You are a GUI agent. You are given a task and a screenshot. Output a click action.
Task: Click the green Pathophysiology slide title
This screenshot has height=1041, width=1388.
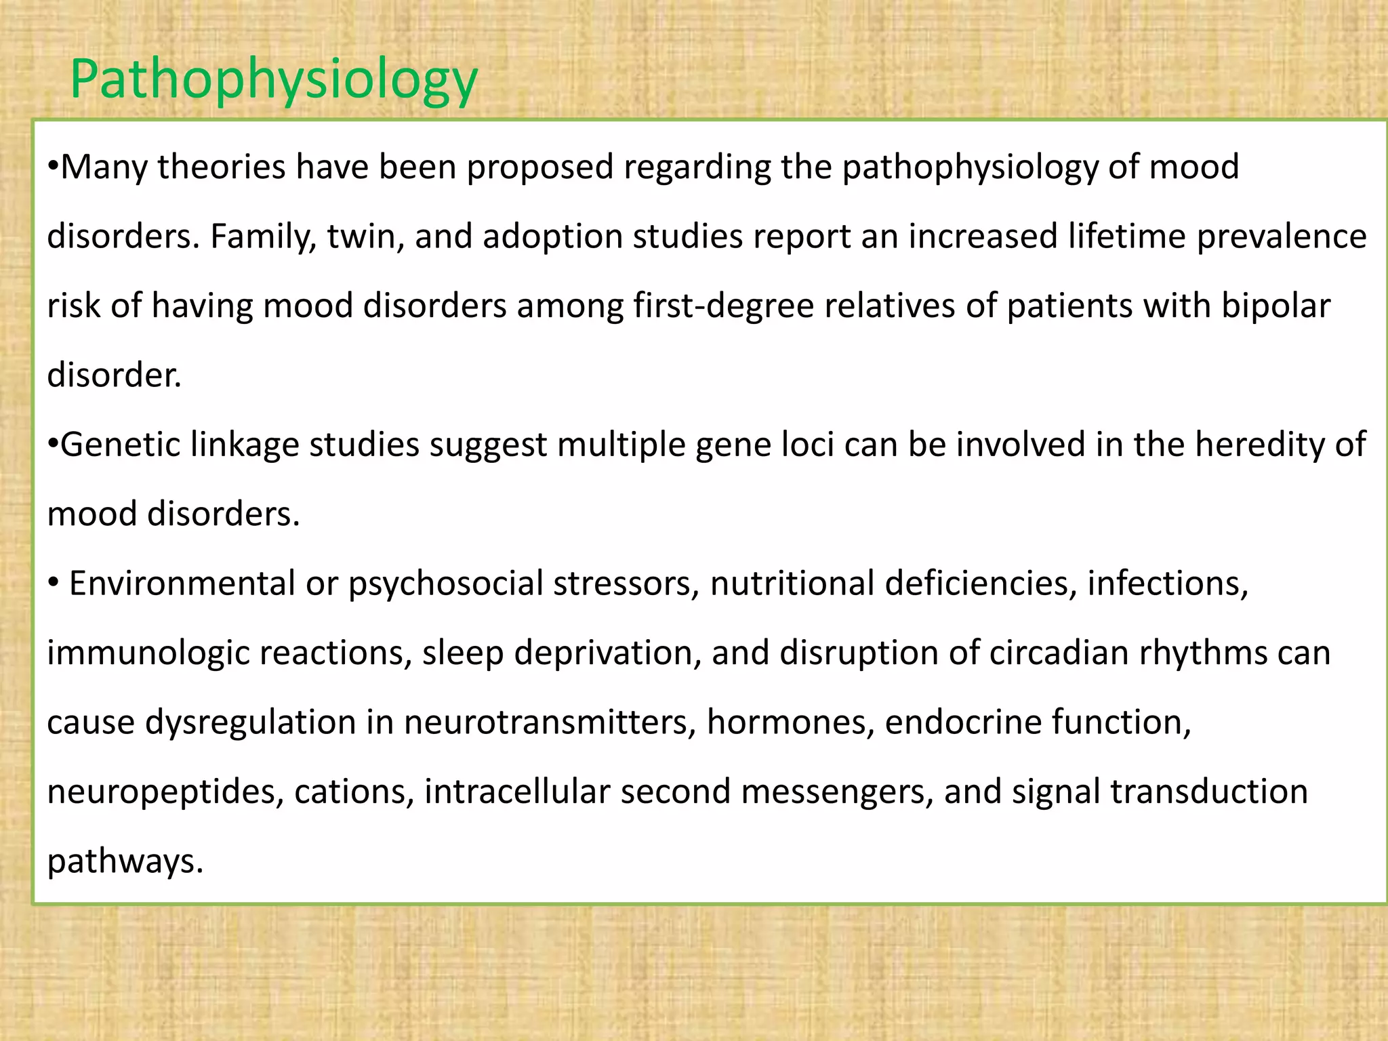[274, 80]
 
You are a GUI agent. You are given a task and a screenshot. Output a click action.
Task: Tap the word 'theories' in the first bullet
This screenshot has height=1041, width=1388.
[222, 167]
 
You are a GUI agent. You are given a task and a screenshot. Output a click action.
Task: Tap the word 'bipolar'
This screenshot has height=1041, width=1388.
[1276, 306]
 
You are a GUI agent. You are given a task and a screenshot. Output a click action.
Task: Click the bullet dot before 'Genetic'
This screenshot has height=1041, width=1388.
[53, 445]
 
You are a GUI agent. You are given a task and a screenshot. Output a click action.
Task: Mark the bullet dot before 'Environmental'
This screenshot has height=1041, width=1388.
[54, 584]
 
